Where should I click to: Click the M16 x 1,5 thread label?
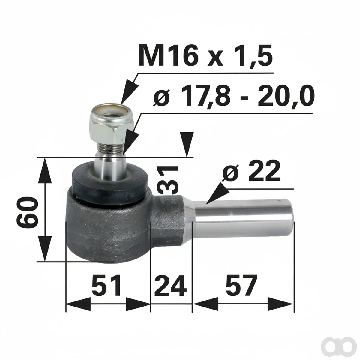(x=205, y=55)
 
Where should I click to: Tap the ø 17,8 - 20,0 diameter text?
(x=234, y=96)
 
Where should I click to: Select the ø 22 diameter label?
(x=251, y=171)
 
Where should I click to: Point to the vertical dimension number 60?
(x=28, y=212)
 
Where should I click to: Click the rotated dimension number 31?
(x=168, y=180)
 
